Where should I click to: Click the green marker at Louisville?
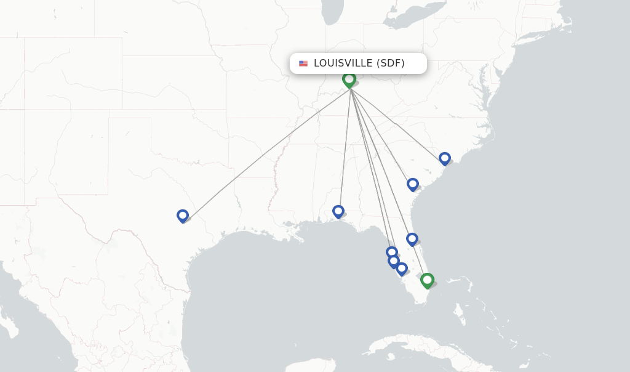[349, 79]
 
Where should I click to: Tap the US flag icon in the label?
[303, 63]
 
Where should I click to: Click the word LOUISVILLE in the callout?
[343, 63]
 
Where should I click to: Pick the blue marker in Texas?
[183, 216]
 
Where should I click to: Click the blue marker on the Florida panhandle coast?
[338, 211]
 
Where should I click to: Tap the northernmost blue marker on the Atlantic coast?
[445, 158]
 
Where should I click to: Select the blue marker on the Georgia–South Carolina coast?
[413, 184]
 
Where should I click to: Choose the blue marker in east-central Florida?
[412, 239]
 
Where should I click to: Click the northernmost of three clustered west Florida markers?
[391, 252]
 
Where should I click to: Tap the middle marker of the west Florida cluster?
[394, 261]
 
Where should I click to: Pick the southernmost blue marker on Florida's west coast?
[402, 269]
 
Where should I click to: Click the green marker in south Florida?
[427, 280]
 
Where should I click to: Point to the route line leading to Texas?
[265, 154]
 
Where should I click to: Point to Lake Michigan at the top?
[333, 12]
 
